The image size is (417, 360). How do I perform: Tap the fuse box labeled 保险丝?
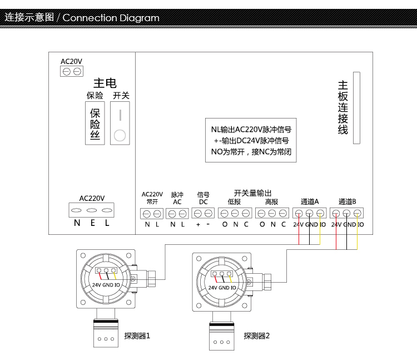(x=95, y=123)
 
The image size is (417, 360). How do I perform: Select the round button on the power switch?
(x=120, y=135)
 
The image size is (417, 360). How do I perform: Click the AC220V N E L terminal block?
(x=92, y=211)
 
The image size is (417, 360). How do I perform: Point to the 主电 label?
(x=105, y=83)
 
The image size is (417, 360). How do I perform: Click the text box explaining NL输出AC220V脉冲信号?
(x=248, y=140)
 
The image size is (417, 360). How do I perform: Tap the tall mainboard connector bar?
(x=356, y=109)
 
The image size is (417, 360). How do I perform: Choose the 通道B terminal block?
(x=347, y=213)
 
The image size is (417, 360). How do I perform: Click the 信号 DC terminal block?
(x=203, y=213)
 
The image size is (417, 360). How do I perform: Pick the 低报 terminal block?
(x=235, y=213)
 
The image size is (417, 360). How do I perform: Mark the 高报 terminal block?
(x=272, y=213)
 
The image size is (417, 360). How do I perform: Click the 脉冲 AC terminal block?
(x=177, y=213)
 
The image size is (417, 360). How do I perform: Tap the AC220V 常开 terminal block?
(x=152, y=213)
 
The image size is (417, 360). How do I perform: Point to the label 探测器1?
(x=137, y=336)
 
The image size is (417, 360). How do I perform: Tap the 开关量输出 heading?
(x=253, y=193)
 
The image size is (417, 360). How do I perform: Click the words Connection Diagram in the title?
(x=111, y=18)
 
